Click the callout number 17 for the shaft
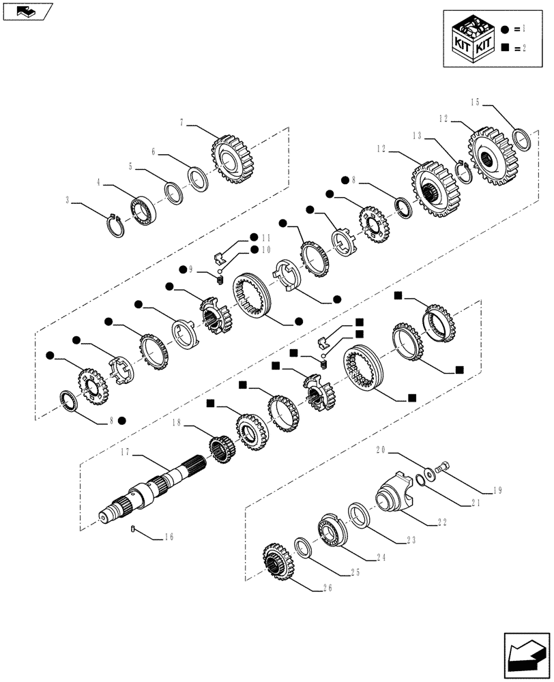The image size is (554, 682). click(126, 451)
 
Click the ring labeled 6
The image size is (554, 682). click(198, 178)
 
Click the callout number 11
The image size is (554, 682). click(265, 238)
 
